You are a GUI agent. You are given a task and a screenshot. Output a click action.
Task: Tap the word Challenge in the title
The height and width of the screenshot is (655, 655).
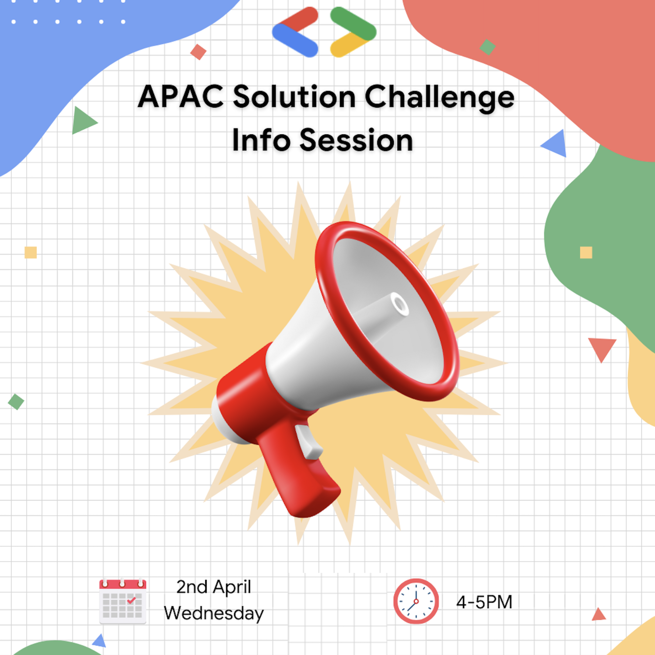[x=440, y=97]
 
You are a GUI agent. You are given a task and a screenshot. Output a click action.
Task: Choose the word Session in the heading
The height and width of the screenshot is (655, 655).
[x=356, y=140]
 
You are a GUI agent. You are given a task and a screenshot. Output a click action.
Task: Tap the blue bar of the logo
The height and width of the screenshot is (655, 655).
[x=295, y=40]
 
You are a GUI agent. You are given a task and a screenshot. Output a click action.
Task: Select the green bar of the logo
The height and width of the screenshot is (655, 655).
[x=353, y=23]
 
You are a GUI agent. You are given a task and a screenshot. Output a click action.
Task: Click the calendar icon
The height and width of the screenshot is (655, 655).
[x=123, y=601]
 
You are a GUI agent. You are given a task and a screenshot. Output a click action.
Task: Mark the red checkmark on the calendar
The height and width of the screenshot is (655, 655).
[x=131, y=600]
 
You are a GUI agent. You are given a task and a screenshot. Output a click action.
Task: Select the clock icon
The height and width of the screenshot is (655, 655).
[x=416, y=601]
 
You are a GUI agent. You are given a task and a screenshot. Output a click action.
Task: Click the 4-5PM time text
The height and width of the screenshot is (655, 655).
[x=484, y=602]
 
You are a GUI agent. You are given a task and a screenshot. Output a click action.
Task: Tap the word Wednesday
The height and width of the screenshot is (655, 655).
[x=213, y=614]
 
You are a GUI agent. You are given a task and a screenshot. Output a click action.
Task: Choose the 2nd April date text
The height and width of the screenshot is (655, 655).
[x=213, y=587]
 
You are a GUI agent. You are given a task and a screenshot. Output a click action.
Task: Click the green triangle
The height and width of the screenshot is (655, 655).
[x=83, y=120]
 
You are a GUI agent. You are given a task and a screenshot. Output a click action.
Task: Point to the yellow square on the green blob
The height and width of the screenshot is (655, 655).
[x=586, y=253]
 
